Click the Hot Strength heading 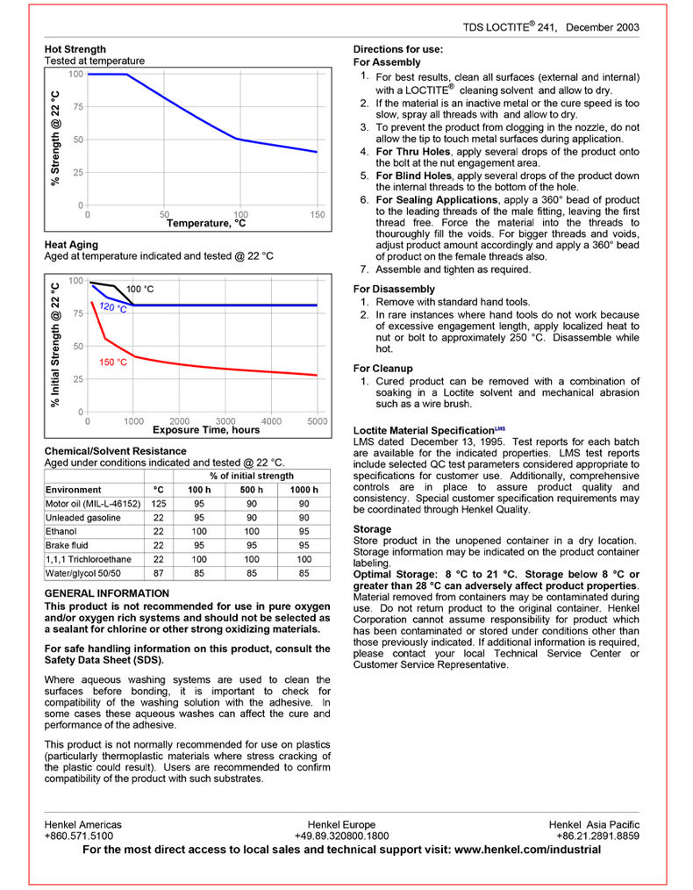tap(75, 49)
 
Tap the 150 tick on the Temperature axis tap(318, 215)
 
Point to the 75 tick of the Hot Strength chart tap(77, 107)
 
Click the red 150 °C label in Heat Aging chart tap(113, 362)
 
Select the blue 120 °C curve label tap(113, 308)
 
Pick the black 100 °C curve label tap(140, 289)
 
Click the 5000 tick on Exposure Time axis tap(318, 421)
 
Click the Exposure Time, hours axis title tap(206, 430)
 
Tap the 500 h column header tap(252, 490)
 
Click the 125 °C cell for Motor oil tap(158, 504)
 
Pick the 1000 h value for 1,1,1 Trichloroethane tap(304, 559)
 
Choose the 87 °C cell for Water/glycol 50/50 tap(158, 573)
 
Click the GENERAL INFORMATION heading tap(107, 593)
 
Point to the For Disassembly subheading tap(394, 289)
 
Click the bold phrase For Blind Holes tap(412, 176)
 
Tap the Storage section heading tap(372, 529)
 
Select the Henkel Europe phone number tap(341, 836)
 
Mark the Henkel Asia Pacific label tap(594, 824)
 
